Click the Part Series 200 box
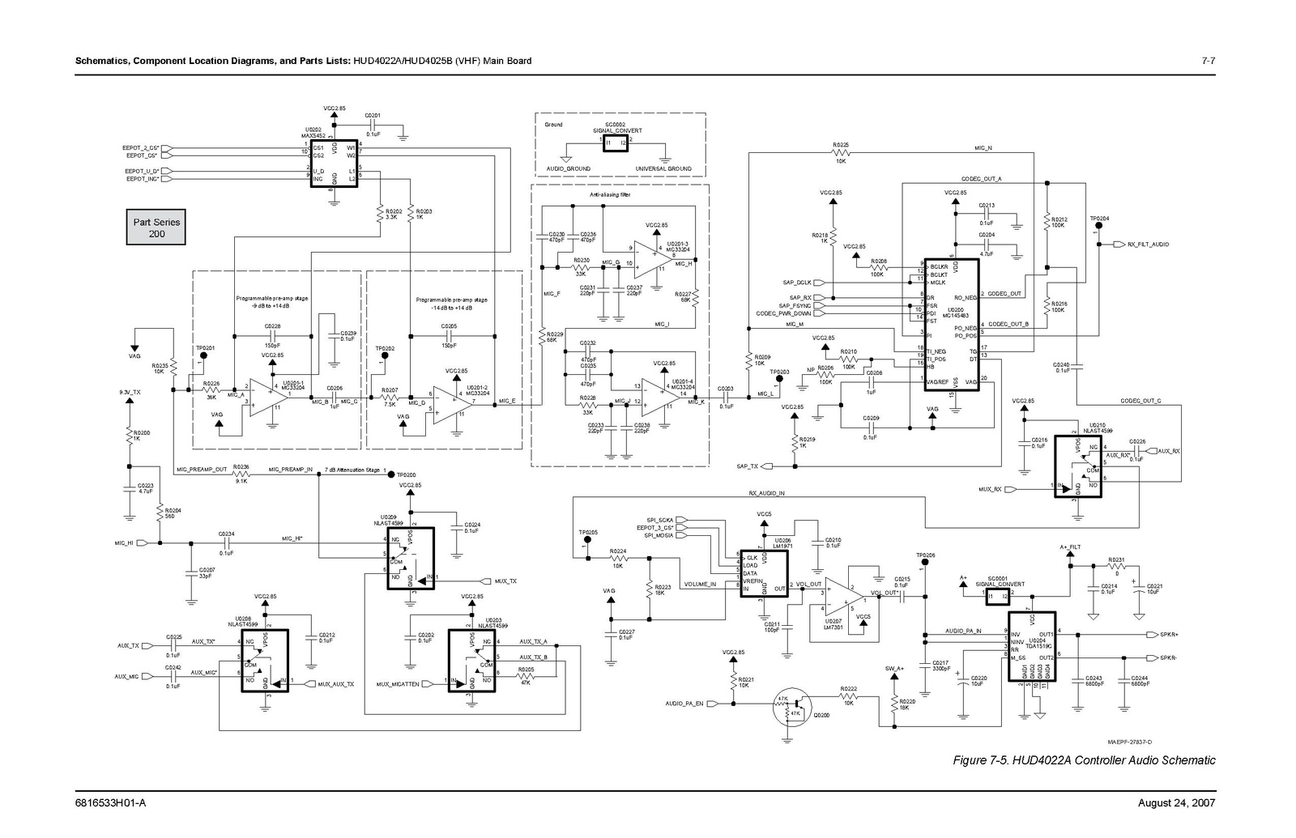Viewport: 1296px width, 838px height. (156, 228)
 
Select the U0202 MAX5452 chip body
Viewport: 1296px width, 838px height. (334, 164)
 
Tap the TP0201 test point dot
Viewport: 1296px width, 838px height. (203, 355)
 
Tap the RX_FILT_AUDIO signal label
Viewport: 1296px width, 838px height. (1148, 244)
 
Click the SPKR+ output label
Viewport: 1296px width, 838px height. (1169, 635)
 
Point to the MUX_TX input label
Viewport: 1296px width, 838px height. (505, 581)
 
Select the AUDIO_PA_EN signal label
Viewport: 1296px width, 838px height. (684, 704)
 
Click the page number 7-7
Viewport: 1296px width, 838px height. (1208, 62)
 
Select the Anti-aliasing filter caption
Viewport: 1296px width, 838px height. (610, 195)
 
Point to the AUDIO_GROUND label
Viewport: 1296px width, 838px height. (568, 169)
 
